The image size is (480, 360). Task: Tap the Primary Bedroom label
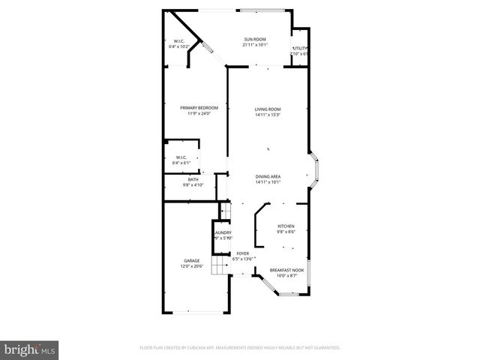[x=193, y=108]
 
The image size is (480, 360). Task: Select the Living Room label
[x=267, y=109]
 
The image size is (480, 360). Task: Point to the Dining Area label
[x=267, y=176]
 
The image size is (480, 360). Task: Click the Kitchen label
[x=286, y=226]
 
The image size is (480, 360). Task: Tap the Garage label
[x=191, y=261]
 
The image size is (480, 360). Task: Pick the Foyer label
[x=243, y=253]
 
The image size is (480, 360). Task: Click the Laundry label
[x=223, y=233]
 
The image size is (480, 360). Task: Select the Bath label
[x=193, y=179]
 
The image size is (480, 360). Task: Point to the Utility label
[x=300, y=49]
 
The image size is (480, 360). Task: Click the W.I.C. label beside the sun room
[x=179, y=41]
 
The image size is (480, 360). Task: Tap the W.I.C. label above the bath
[x=181, y=157]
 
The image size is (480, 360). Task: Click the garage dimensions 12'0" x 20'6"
[x=191, y=267]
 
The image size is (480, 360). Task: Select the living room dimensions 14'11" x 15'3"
[x=267, y=115]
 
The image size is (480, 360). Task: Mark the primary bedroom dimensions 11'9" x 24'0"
[x=193, y=114]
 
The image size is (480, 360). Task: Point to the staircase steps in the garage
[x=219, y=267]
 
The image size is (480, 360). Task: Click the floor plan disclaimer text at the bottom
[x=240, y=348]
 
